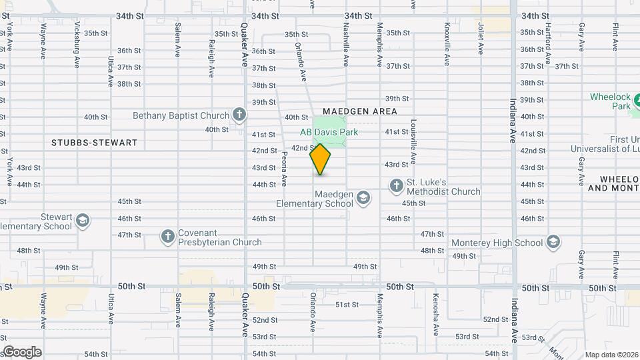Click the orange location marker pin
click(x=320, y=159)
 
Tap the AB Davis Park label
click(x=329, y=132)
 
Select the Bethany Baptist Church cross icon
click(x=239, y=115)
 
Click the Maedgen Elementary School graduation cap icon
click(x=363, y=197)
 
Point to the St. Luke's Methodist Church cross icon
click(x=396, y=185)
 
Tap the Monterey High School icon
click(x=553, y=242)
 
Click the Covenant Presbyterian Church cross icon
click(x=167, y=236)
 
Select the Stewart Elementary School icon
click(x=82, y=221)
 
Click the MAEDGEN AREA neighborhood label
click(x=359, y=111)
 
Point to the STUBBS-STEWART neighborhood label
click(x=95, y=143)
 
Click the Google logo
click(x=21, y=352)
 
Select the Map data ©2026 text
click(x=611, y=355)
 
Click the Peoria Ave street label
click(x=284, y=168)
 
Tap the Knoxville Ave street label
click(x=447, y=45)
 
